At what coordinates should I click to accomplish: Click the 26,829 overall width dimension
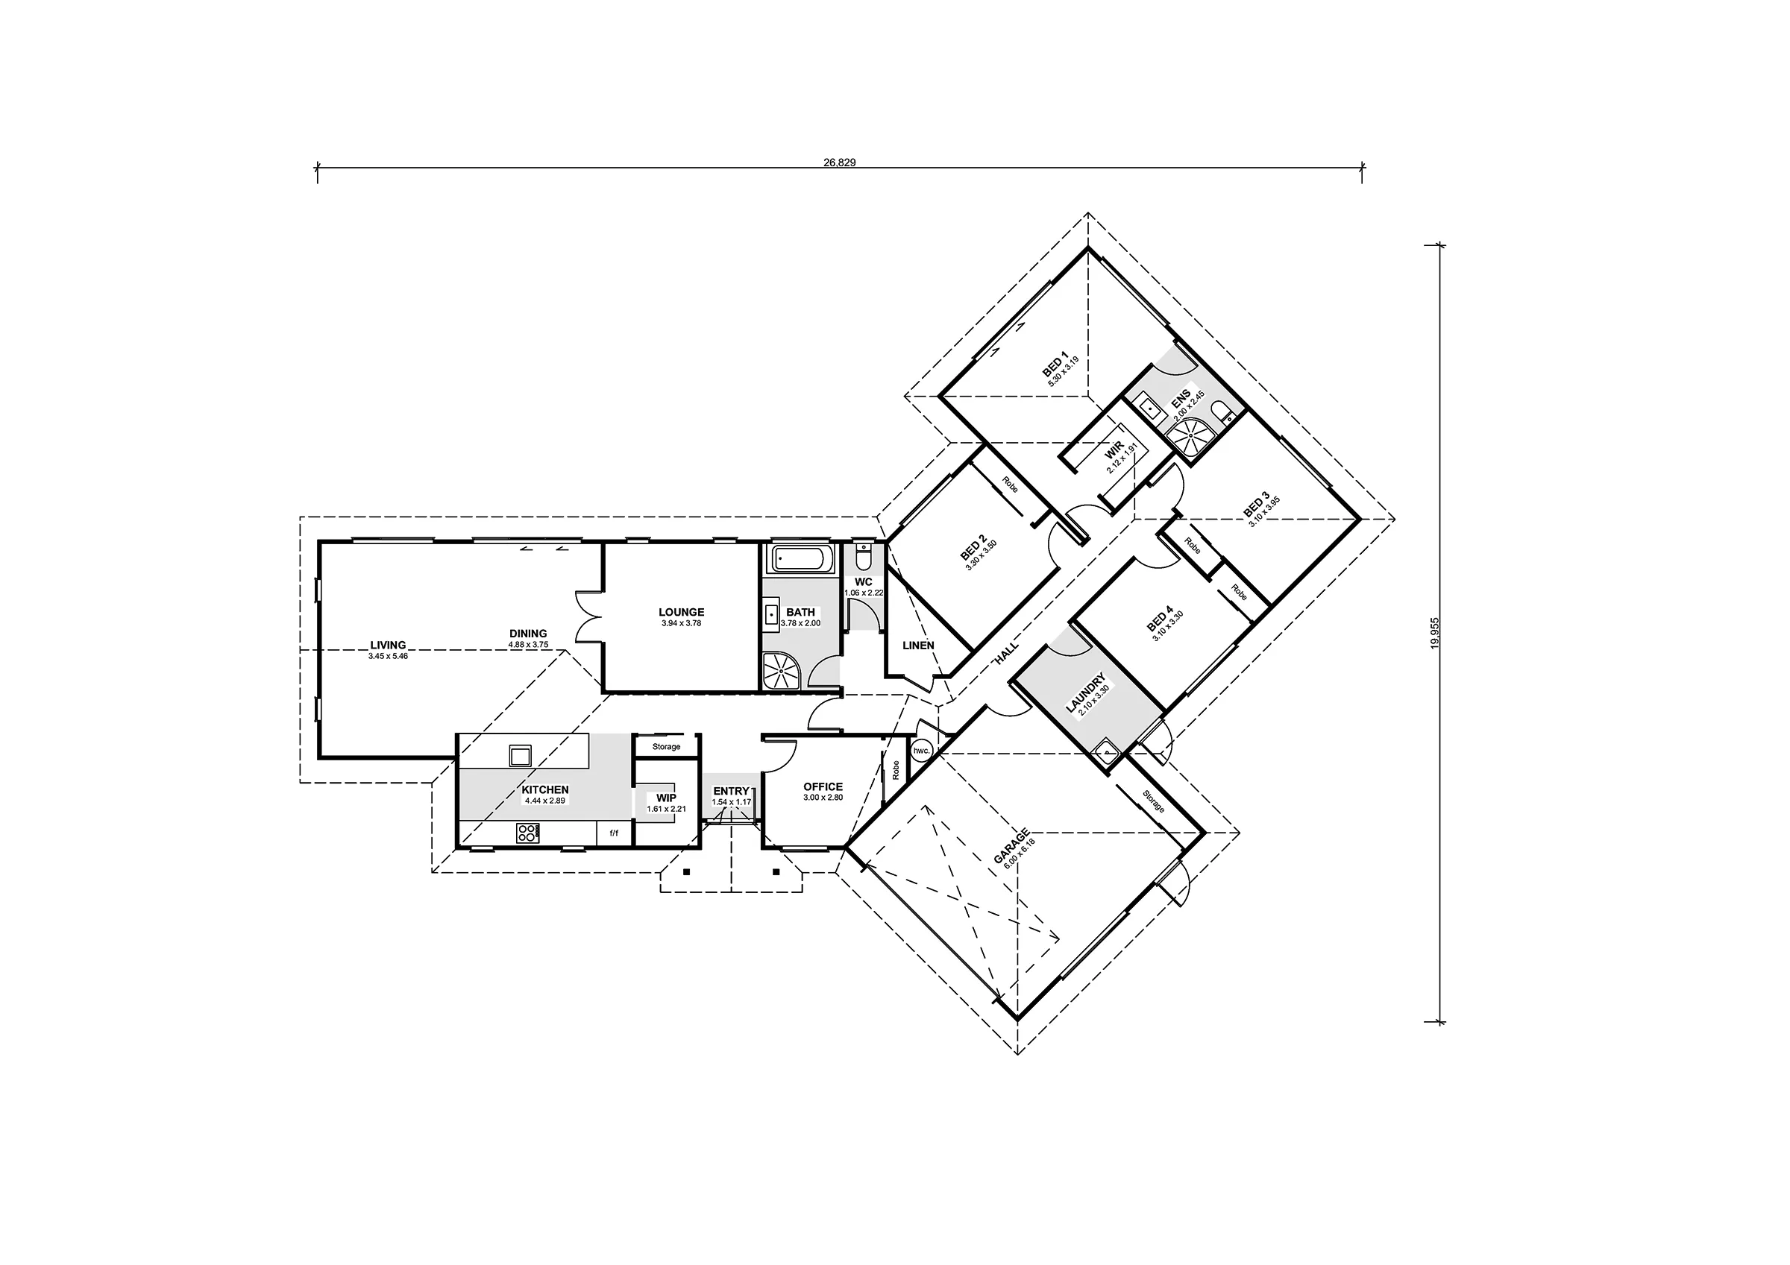tap(839, 163)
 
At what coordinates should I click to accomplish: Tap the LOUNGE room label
tap(681, 613)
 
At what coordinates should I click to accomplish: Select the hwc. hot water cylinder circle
tap(922, 751)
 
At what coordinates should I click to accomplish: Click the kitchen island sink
tap(520, 754)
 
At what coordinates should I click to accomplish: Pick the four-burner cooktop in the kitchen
tap(527, 833)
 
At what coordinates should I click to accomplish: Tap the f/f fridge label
tap(613, 833)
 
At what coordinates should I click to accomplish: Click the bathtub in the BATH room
tap(802, 559)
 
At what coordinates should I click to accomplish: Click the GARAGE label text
tap(1012, 845)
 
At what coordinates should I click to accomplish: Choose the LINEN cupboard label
tap(917, 646)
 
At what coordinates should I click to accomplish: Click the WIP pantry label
tap(666, 798)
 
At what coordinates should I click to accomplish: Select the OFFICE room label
tap(823, 787)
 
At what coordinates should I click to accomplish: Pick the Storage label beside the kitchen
tap(666, 747)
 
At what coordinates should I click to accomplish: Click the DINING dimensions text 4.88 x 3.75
tap(529, 645)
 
